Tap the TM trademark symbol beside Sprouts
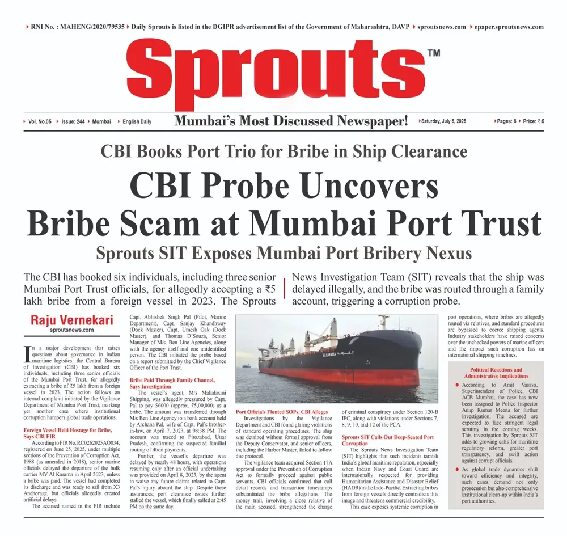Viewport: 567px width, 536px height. click(434, 53)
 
